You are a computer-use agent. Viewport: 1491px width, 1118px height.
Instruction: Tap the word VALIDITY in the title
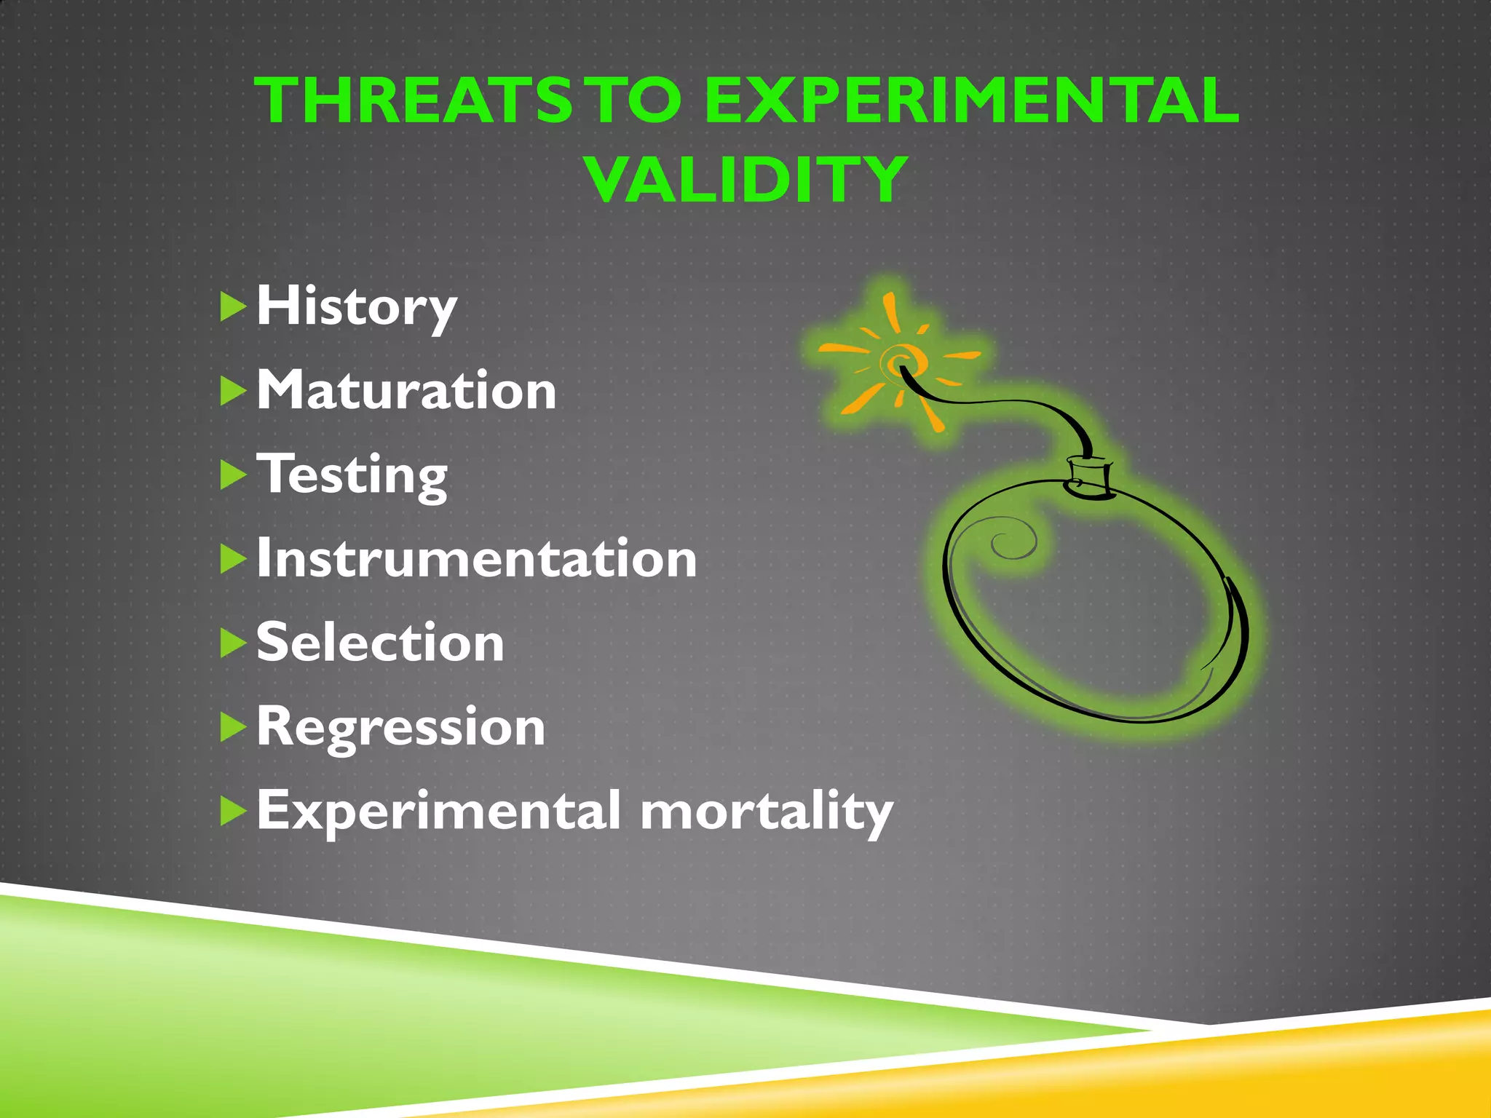(747, 180)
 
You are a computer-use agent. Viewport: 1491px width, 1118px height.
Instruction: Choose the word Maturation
(406, 391)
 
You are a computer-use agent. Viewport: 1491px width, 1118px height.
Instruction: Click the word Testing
(352, 475)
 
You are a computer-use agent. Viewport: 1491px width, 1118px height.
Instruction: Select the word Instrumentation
(477, 559)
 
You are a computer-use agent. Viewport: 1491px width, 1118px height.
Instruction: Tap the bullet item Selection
(380, 643)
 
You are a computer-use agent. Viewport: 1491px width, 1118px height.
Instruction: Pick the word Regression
(400, 727)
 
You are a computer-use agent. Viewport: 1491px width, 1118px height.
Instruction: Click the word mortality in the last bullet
(766, 811)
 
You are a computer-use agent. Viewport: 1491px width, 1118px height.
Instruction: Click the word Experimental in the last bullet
(439, 811)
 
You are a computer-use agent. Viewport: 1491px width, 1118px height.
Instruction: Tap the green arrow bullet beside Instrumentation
(232, 559)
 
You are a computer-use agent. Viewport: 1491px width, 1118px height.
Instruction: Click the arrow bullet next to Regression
(232, 727)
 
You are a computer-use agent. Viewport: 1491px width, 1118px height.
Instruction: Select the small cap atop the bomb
(1089, 477)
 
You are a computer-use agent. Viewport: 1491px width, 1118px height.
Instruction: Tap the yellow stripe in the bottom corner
(1310, 1070)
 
